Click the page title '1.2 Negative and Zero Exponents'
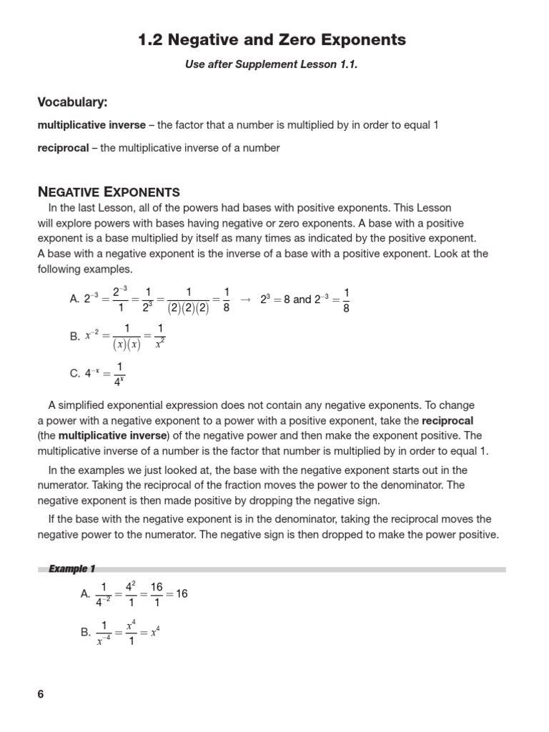271,40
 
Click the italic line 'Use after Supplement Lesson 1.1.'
271,65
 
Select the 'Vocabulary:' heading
72,102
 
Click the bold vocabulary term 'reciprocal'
63,148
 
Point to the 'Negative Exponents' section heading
109,192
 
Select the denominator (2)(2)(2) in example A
189,309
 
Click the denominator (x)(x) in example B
127,345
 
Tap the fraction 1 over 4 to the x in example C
119,373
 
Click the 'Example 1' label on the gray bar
71,569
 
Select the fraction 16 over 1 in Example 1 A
156,594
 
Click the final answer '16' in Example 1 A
182,594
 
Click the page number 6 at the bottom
41,694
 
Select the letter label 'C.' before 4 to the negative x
75,373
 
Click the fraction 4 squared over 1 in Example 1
130,594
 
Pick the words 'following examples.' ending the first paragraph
85,269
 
